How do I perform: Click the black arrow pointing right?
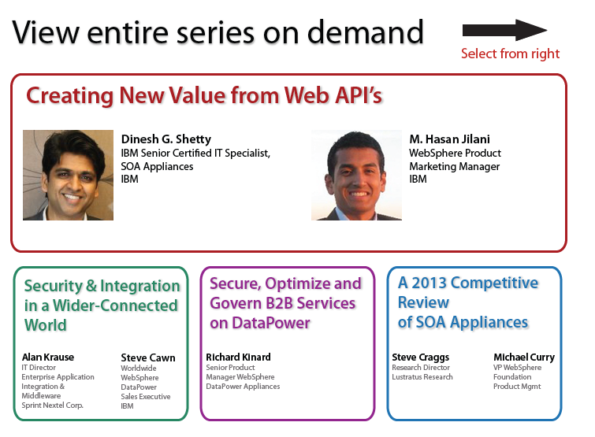tap(504, 31)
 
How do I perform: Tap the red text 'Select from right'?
tap(511, 54)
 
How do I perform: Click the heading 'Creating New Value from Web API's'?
tap(204, 95)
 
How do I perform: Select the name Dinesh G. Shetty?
tap(166, 139)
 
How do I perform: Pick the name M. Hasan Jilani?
tap(450, 139)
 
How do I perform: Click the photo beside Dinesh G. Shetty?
tap(68, 175)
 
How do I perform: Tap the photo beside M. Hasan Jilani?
tap(356, 175)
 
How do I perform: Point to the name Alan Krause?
tap(48, 357)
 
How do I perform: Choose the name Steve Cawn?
tap(148, 357)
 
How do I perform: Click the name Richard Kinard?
tap(238, 357)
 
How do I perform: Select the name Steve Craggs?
tap(421, 357)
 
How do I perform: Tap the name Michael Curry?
tap(524, 357)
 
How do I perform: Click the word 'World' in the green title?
tap(46, 325)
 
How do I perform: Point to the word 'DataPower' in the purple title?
tap(271, 323)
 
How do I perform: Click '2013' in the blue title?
tap(429, 283)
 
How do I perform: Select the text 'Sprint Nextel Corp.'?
tap(52, 406)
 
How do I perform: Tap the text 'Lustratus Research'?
tap(422, 376)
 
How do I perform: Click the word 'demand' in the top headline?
tap(365, 32)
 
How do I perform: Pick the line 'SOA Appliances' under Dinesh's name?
tap(157, 166)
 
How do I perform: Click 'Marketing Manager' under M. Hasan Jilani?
tap(454, 166)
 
